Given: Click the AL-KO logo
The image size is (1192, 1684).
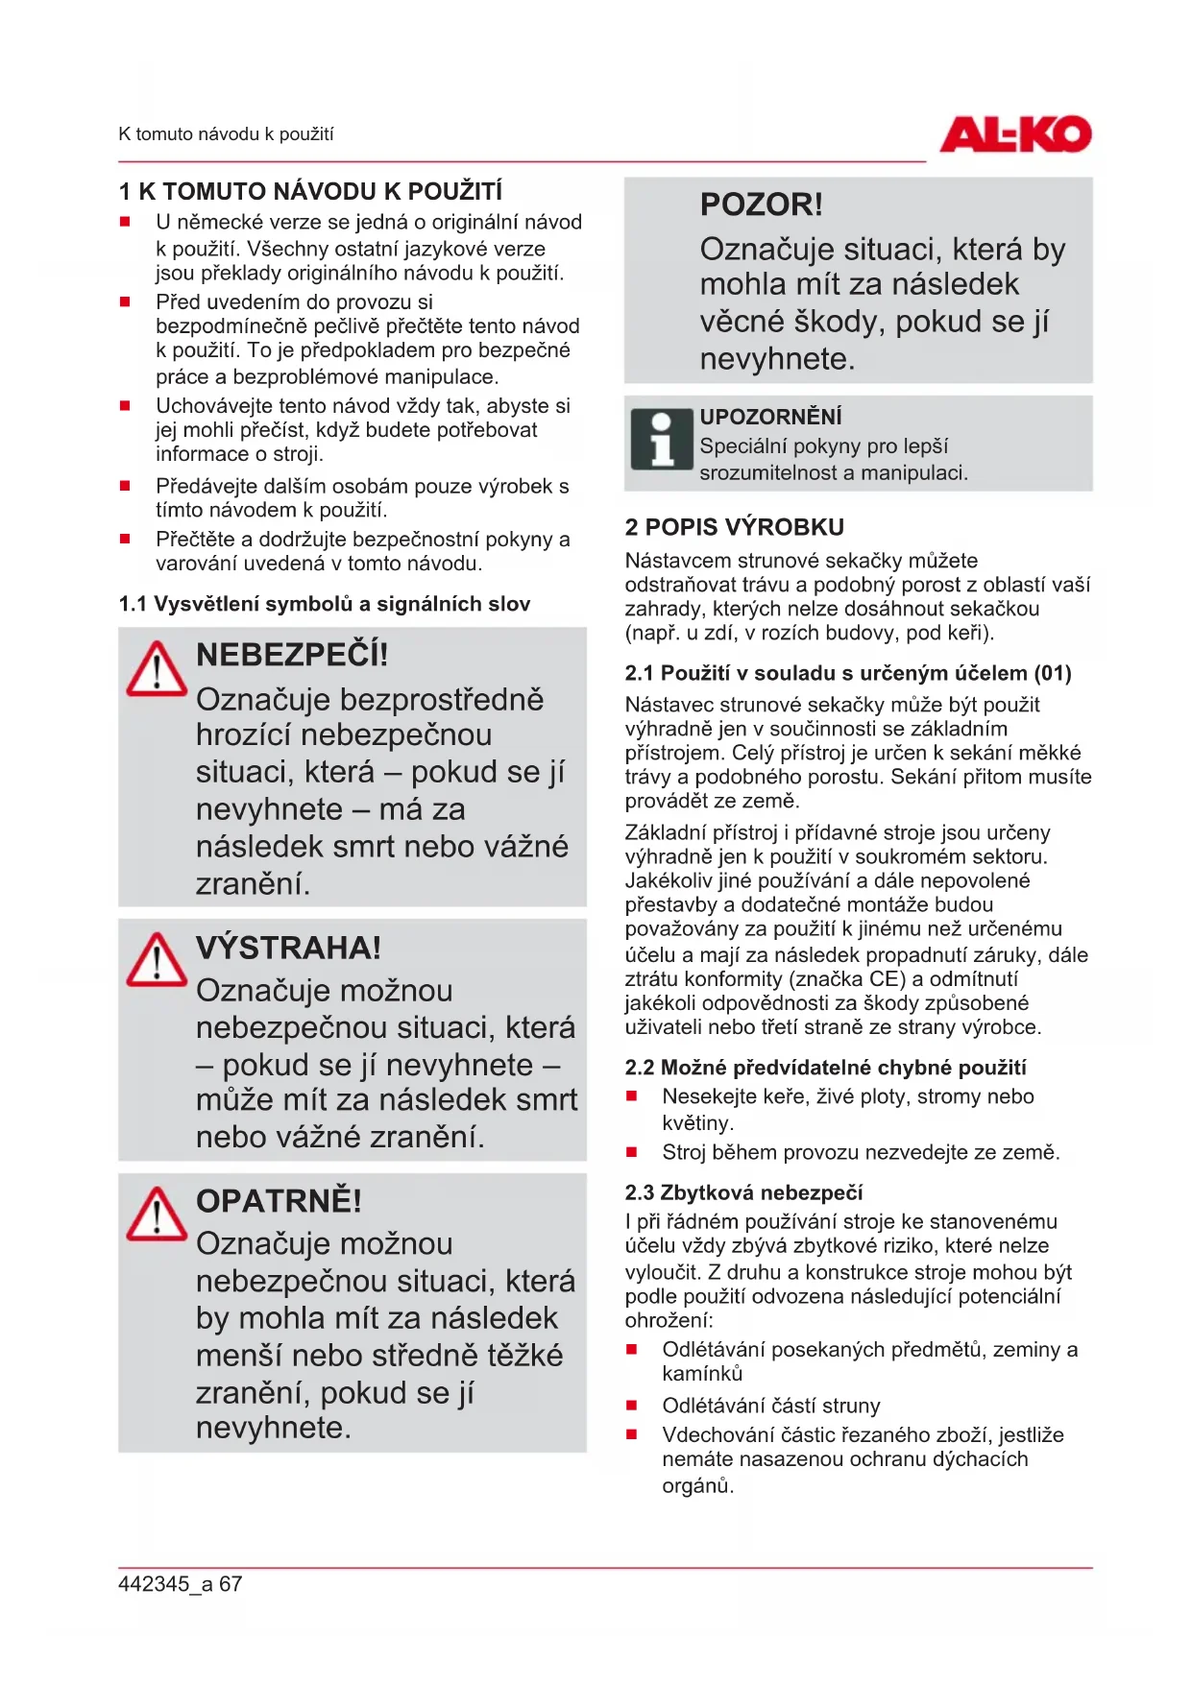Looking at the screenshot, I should tap(1015, 134).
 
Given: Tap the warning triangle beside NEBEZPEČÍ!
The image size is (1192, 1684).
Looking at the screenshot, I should tap(157, 669).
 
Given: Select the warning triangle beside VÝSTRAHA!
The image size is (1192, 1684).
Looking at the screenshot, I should tap(157, 960).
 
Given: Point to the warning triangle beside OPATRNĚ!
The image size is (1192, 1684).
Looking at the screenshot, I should tap(157, 1215).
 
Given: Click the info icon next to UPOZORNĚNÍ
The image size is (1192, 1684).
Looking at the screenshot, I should tap(662, 441).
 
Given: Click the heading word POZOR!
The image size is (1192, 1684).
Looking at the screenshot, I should tap(761, 204).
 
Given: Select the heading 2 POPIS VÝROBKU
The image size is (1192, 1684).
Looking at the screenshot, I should tap(734, 527).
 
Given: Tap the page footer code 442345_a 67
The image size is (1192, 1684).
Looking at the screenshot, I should tap(180, 1584).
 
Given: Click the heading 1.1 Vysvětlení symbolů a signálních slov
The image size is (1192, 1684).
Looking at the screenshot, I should tap(324, 604).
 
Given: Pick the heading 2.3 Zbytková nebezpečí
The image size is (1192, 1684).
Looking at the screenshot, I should tap(743, 1192).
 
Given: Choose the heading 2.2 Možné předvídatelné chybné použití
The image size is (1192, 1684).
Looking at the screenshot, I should tap(825, 1068).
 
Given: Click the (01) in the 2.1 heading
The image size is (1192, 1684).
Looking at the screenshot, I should tap(1053, 673).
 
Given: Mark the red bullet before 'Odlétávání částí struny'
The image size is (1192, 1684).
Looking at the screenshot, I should tap(632, 1406).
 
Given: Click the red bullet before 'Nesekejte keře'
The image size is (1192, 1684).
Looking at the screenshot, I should tap(632, 1096).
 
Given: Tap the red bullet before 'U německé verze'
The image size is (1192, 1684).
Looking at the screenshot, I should tap(125, 222).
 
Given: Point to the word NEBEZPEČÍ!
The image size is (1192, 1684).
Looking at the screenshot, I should tap(292, 655).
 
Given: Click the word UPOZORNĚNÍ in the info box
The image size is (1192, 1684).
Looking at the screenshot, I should tap(770, 417).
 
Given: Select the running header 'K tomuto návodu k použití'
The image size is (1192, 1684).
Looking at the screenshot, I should tap(226, 134).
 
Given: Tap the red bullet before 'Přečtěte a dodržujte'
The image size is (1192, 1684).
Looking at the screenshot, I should tap(125, 540).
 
